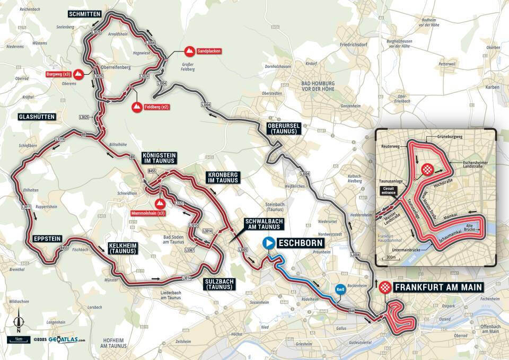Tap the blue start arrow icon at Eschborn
pos(269,243)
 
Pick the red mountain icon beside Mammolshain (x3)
pos(159,203)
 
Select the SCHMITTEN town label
pos(84,13)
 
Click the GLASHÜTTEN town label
pos(37,116)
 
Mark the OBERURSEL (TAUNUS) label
pos(284,128)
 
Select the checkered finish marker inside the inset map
pos(427,170)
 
